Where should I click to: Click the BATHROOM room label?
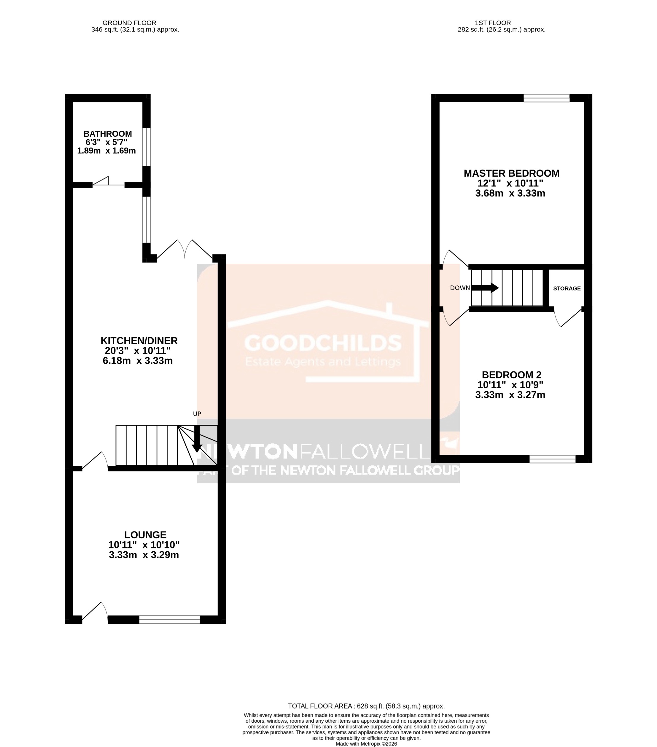point(107,134)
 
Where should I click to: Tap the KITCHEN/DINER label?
point(139,341)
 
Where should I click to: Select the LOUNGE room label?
point(145,535)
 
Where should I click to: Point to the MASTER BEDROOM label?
point(511,173)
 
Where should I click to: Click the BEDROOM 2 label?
point(511,375)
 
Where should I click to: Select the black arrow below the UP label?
point(197,438)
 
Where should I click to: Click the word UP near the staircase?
point(197,414)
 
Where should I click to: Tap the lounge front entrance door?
point(95,612)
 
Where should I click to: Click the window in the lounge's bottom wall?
point(170,619)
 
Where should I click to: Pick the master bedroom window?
point(546,98)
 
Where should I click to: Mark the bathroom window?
point(146,147)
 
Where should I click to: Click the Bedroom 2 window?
point(552,459)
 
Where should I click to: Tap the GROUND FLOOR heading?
point(129,23)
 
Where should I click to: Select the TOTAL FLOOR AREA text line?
point(366,706)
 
